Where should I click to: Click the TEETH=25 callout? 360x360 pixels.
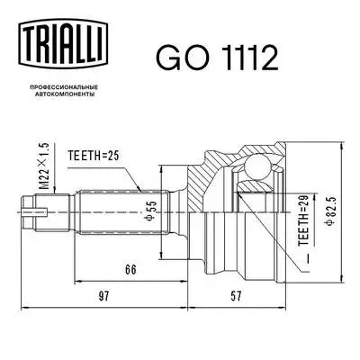[92, 155]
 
